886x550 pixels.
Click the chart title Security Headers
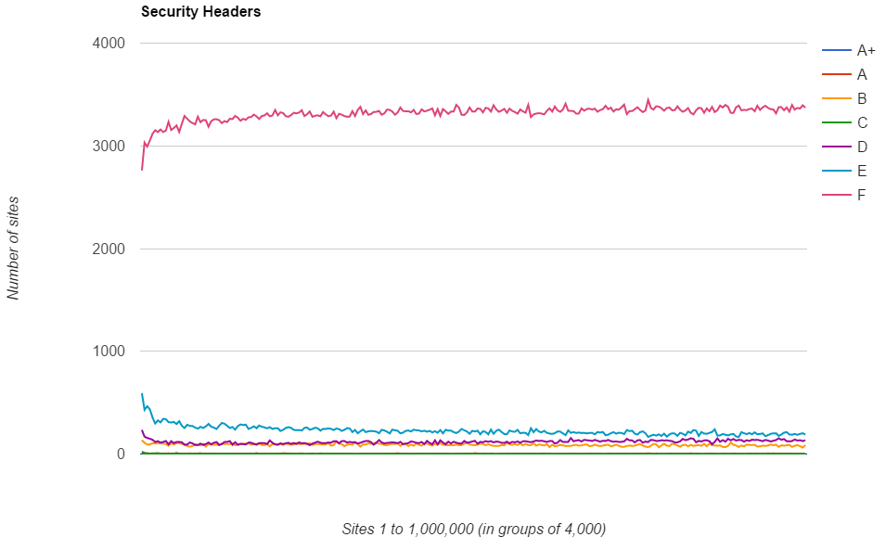tap(200, 12)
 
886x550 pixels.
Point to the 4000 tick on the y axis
tap(108, 44)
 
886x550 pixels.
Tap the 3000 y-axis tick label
tap(108, 147)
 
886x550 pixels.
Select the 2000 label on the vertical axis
tap(108, 249)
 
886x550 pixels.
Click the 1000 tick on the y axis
tap(108, 352)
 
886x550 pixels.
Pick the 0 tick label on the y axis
tap(120, 454)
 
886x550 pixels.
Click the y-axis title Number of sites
tap(14, 248)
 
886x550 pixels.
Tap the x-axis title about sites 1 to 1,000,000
tap(473, 529)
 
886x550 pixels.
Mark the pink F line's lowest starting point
tap(142, 169)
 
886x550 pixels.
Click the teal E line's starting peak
tap(142, 393)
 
